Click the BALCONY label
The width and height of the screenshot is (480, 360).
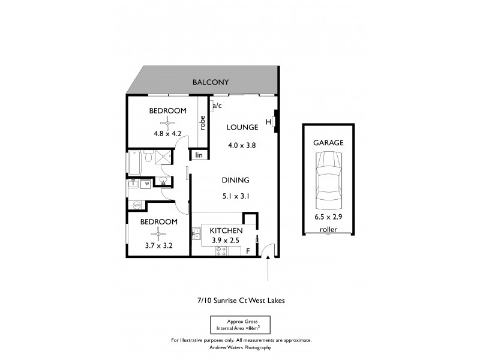pyautogui.click(x=210, y=82)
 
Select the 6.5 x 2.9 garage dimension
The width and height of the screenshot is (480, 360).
pyautogui.click(x=328, y=217)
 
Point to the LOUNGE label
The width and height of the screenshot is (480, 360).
pyautogui.click(x=242, y=127)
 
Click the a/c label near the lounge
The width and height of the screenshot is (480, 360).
pyautogui.click(x=217, y=106)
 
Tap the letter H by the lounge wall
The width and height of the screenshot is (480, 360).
pyautogui.click(x=268, y=122)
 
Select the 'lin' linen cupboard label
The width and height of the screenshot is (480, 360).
pyautogui.click(x=198, y=155)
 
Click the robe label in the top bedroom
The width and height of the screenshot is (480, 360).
pyautogui.click(x=203, y=122)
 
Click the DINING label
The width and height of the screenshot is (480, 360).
pyautogui.click(x=235, y=180)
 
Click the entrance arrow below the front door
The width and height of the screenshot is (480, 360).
pyautogui.click(x=268, y=268)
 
